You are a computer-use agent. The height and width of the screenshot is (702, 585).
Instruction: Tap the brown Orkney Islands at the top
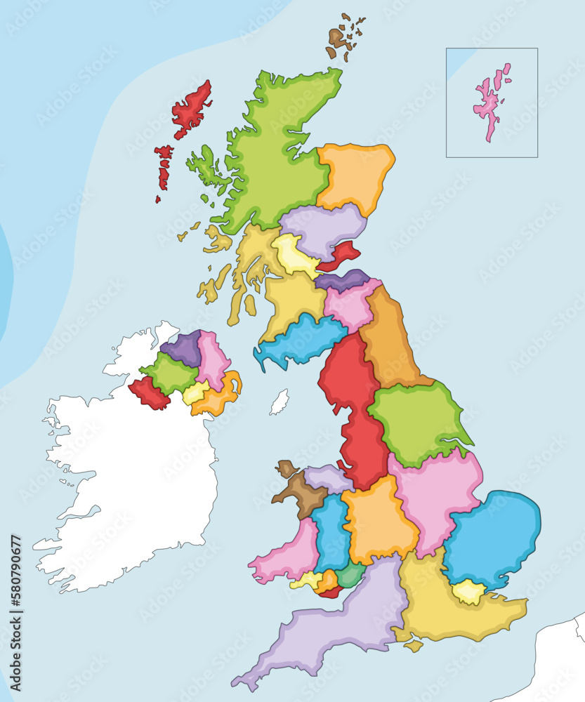coord(340,39)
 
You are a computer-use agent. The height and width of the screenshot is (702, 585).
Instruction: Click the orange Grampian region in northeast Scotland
coord(355,175)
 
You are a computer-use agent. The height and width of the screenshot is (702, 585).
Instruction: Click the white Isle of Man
coord(280,402)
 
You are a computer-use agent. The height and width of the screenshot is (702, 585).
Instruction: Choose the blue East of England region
coord(492,537)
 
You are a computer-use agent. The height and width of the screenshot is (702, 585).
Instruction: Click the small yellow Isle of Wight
coord(413,645)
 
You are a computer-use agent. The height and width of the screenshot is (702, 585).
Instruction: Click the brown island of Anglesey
coord(286,468)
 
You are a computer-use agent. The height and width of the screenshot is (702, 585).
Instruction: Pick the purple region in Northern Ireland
coord(183,349)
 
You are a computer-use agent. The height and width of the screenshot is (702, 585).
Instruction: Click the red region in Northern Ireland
coord(147,393)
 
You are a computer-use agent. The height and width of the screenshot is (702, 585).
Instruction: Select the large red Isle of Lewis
coord(191,109)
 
